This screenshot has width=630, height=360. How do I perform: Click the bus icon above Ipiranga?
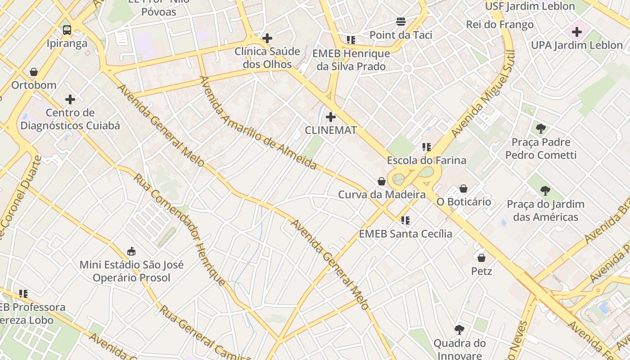click(67, 30)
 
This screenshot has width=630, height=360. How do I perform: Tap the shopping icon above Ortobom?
click(34, 72)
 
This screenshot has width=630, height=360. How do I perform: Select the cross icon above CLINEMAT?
click(331, 117)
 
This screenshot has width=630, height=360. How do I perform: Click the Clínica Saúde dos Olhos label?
click(267, 58)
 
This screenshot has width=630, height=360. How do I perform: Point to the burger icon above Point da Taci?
click(401, 22)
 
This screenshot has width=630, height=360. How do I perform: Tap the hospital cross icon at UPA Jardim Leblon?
click(577, 32)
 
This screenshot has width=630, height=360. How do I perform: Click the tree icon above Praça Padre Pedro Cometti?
click(541, 129)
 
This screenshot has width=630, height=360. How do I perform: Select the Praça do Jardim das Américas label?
click(545, 211)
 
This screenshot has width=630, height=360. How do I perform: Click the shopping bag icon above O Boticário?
click(463, 189)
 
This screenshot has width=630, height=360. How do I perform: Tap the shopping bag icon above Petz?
click(481, 258)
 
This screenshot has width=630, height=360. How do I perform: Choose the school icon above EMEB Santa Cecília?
click(405, 220)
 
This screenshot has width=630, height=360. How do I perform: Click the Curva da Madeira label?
click(382, 195)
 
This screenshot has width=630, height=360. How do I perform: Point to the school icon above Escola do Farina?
click(427, 147)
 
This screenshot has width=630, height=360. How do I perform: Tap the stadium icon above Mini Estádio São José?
click(131, 251)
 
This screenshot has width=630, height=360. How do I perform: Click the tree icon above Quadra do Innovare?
click(459, 330)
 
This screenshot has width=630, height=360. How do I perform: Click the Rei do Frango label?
click(500, 25)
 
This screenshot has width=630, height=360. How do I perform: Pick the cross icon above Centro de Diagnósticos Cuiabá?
click(70, 99)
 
